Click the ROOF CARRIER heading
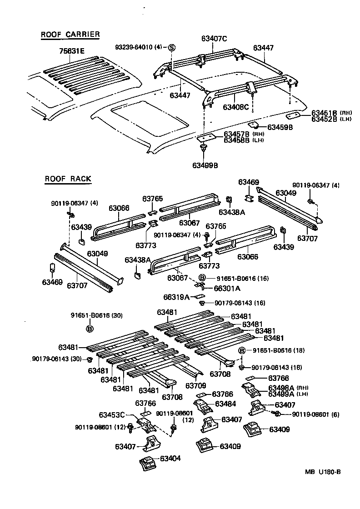pos(70,35)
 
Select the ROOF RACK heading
pos(68,179)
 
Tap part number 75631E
pos(71,51)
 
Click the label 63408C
pos(236,107)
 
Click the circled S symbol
pos(172,47)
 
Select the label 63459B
pos(280,127)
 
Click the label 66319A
pos(176,297)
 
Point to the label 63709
pos(197,385)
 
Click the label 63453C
pos(112,414)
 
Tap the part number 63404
pos(170,459)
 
